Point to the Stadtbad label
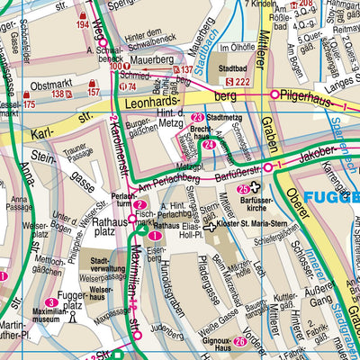[x=233, y=67]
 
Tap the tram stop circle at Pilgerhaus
[x=274, y=93]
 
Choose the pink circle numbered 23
[x=197, y=118]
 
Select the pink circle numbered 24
[x=208, y=145]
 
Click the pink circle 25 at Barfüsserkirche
[x=243, y=190]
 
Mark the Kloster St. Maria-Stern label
[x=253, y=227]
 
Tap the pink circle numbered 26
[x=239, y=341]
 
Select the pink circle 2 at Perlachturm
[x=140, y=205]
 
